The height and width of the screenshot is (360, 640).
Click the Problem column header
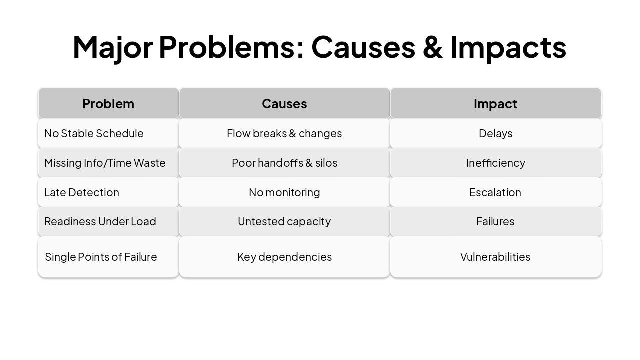click(x=108, y=103)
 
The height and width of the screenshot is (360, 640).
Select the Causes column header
click(x=284, y=103)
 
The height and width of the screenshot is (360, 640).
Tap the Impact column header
click(x=495, y=103)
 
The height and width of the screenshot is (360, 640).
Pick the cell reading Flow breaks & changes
click(x=284, y=133)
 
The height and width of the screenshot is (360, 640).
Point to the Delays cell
click(x=495, y=133)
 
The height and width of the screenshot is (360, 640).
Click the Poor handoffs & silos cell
click(x=284, y=163)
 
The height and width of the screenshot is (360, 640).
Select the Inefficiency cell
click(x=495, y=163)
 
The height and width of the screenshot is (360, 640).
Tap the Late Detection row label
click(x=82, y=192)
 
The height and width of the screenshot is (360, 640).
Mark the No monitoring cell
click(x=284, y=192)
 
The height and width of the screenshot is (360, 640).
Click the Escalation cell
click(x=495, y=192)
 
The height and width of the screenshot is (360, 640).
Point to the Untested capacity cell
click(x=284, y=221)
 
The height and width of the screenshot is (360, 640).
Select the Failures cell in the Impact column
click(x=495, y=221)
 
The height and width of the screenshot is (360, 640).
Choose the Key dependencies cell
click(x=284, y=257)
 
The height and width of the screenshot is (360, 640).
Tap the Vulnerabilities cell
click(x=495, y=257)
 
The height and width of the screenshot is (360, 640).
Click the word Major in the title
click(x=113, y=47)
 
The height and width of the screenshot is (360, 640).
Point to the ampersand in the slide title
click(x=433, y=47)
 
